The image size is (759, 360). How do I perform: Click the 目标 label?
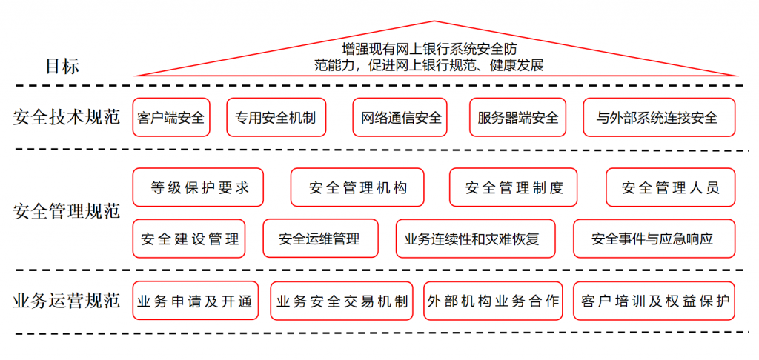point(62,66)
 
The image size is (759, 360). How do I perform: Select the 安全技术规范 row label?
point(66,117)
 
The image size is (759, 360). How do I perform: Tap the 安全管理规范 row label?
point(66,211)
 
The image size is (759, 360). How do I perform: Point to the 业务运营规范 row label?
point(66,301)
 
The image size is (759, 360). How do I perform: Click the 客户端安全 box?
point(171,117)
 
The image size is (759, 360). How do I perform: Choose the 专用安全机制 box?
point(276,117)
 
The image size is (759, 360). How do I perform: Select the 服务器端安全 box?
point(518,117)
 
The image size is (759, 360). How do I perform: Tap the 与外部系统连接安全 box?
point(659,117)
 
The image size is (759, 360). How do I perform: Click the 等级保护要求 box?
point(198,187)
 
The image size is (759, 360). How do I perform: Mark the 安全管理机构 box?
point(357,187)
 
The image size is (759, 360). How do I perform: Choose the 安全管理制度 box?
point(514,187)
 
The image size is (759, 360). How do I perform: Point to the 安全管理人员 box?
point(670,187)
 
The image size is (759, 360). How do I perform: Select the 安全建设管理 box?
point(189,239)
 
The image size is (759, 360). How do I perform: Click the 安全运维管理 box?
point(320,239)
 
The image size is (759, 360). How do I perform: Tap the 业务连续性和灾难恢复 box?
point(475,239)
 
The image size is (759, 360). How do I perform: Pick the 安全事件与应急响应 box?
point(654,239)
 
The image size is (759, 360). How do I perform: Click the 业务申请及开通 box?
point(196,301)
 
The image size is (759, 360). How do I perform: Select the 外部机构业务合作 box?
point(493,301)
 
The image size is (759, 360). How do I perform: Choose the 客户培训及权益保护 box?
point(654,301)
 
